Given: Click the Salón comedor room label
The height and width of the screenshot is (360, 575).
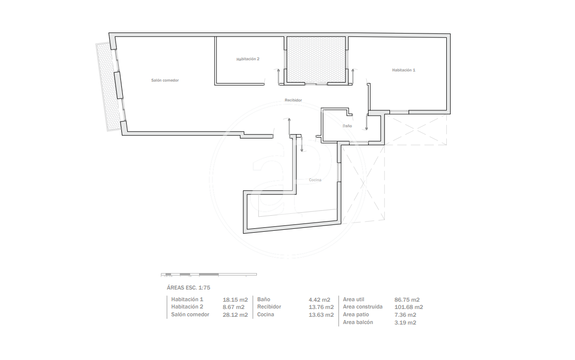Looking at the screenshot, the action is click(x=165, y=80).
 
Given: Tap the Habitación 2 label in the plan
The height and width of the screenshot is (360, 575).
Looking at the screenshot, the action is click(x=248, y=59).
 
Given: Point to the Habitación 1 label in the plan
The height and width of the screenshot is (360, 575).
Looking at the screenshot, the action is click(x=404, y=70).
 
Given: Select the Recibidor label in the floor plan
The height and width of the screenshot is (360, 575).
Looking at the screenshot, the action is click(x=293, y=100).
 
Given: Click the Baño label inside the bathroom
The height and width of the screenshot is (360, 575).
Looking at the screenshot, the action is click(x=347, y=126).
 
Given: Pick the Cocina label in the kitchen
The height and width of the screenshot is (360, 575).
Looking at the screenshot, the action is click(x=315, y=180).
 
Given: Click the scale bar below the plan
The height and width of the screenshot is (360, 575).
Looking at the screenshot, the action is click(x=209, y=274).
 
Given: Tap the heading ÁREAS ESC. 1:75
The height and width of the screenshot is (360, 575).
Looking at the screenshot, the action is click(x=188, y=288).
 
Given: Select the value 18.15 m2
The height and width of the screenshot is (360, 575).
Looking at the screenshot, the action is click(x=236, y=299).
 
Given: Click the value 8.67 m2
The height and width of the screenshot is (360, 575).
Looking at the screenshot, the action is click(x=234, y=307).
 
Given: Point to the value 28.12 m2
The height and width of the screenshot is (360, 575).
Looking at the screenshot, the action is click(x=236, y=315).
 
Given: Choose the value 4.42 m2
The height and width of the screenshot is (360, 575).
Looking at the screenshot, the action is click(x=320, y=299).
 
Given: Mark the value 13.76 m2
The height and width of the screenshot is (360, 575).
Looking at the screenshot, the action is click(x=321, y=307).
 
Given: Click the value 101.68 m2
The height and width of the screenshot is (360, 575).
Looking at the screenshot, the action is click(x=408, y=307).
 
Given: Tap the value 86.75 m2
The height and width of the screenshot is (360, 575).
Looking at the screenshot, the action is click(x=407, y=299).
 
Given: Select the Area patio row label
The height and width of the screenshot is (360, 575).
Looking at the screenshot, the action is click(x=356, y=314).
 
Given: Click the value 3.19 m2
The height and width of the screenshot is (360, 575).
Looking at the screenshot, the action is click(x=405, y=323).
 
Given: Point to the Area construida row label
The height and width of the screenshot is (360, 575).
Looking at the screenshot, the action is click(x=363, y=307).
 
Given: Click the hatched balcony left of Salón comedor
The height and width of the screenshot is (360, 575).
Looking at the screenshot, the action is click(x=109, y=87).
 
